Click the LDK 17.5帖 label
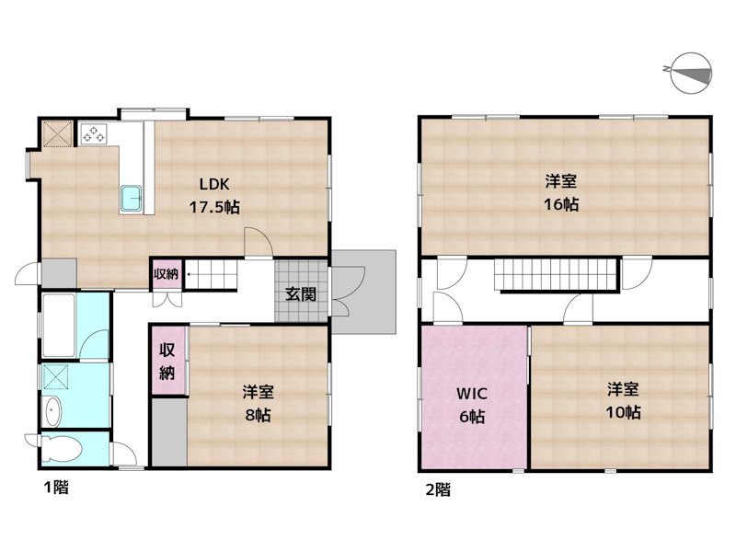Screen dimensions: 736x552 coord(214,195)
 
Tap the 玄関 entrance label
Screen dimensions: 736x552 coord(301,294)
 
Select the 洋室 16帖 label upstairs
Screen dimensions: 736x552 coord(561,192)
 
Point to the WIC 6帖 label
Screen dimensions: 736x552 coord(472,405)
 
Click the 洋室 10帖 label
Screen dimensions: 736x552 coord(623,400)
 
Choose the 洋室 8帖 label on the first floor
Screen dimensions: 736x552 coord(259,403)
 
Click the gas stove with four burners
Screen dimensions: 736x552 coord(94,132)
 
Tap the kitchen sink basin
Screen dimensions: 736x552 coord(132,199)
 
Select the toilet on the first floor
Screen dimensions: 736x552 coord(60,450)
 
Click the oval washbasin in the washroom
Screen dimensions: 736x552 coord(52,412)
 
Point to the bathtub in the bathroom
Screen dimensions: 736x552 coord(59,325)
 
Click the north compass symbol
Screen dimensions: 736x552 coord(691,74)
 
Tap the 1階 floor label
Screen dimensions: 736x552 coord(56,488)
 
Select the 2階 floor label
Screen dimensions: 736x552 coord(438,489)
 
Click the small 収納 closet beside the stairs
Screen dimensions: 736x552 coord(167,273)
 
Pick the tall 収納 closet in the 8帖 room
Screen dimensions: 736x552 coord(167,361)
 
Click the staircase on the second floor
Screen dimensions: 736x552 coord(555,274)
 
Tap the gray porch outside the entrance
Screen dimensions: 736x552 coord(363,292)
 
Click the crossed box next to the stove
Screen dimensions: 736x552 coord(57,133)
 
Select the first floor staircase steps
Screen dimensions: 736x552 coord(211,274)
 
